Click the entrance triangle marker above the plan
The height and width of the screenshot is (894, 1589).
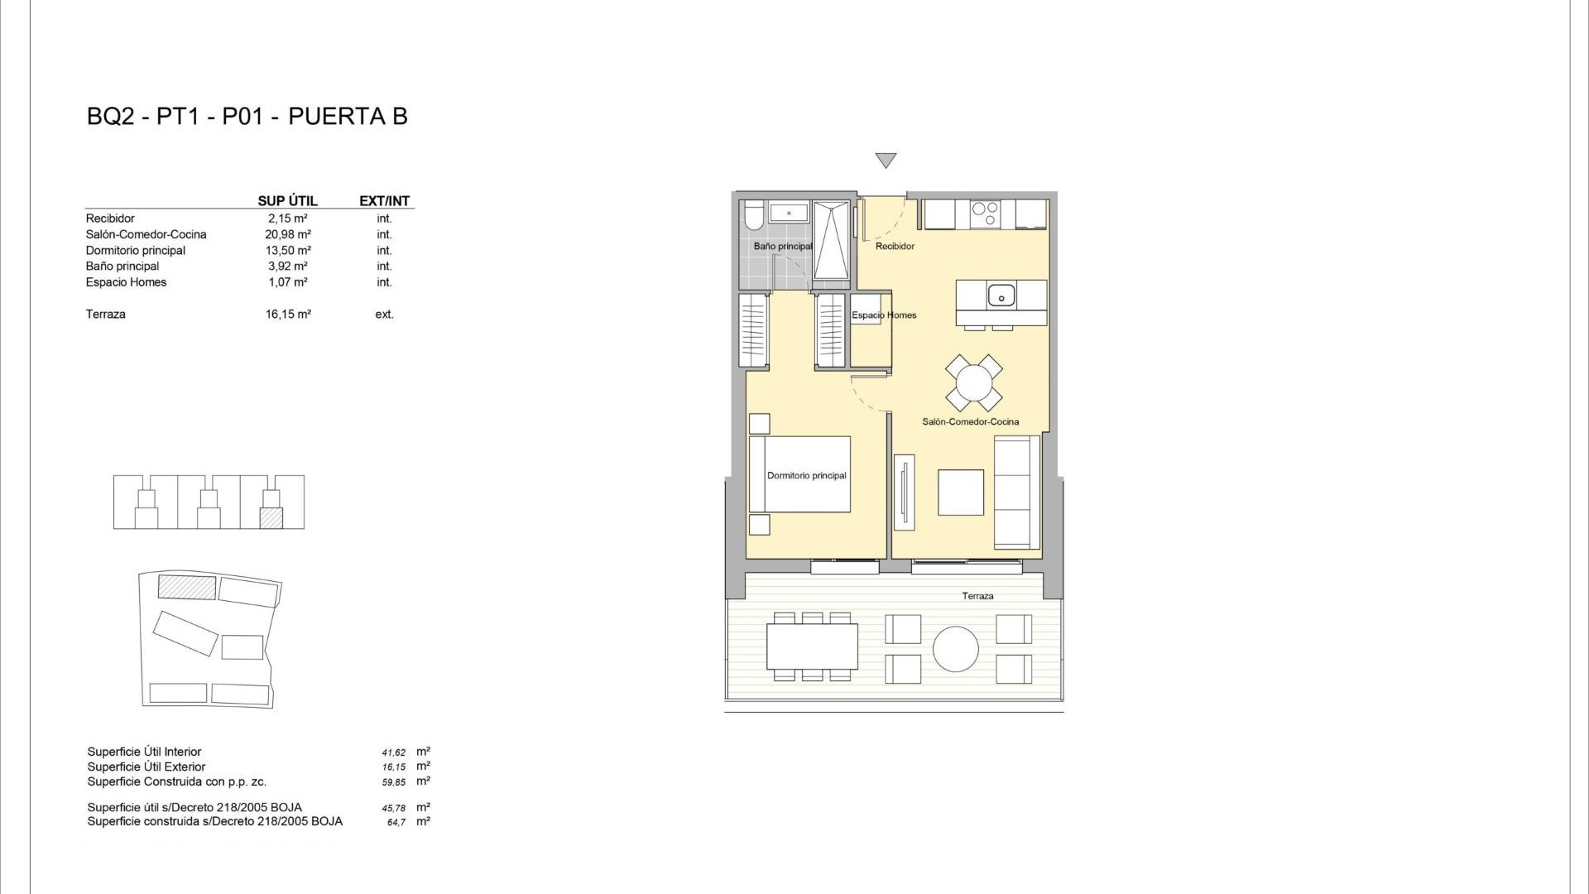tap(886, 161)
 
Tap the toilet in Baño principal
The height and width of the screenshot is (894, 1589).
tap(753, 216)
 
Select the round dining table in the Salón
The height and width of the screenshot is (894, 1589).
tap(974, 383)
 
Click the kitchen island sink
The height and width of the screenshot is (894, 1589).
tap(1001, 294)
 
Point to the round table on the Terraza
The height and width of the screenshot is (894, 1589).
tap(956, 648)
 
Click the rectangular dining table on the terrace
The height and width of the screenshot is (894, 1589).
tap(812, 646)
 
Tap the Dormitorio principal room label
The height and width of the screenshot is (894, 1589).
tap(806, 476)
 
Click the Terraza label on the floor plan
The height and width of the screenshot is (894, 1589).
tap(977, 596)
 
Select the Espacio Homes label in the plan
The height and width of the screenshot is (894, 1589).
tap(884, 315)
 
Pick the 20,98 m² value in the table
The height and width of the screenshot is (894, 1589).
tap(288, 234)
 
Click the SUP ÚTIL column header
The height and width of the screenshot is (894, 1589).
tap(287, 201)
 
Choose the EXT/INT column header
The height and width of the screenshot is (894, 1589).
tap(384, 201)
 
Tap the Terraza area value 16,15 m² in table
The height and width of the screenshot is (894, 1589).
tap(288, 315)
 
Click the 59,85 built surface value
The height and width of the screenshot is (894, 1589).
tap(394, 782)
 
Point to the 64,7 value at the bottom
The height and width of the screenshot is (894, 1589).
tap(396, 823)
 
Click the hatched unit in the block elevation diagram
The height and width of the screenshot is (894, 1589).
tap(271, 518)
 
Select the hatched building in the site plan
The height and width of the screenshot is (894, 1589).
tap(187, 587)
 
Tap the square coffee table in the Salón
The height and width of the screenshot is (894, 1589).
tap(960, 493)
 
